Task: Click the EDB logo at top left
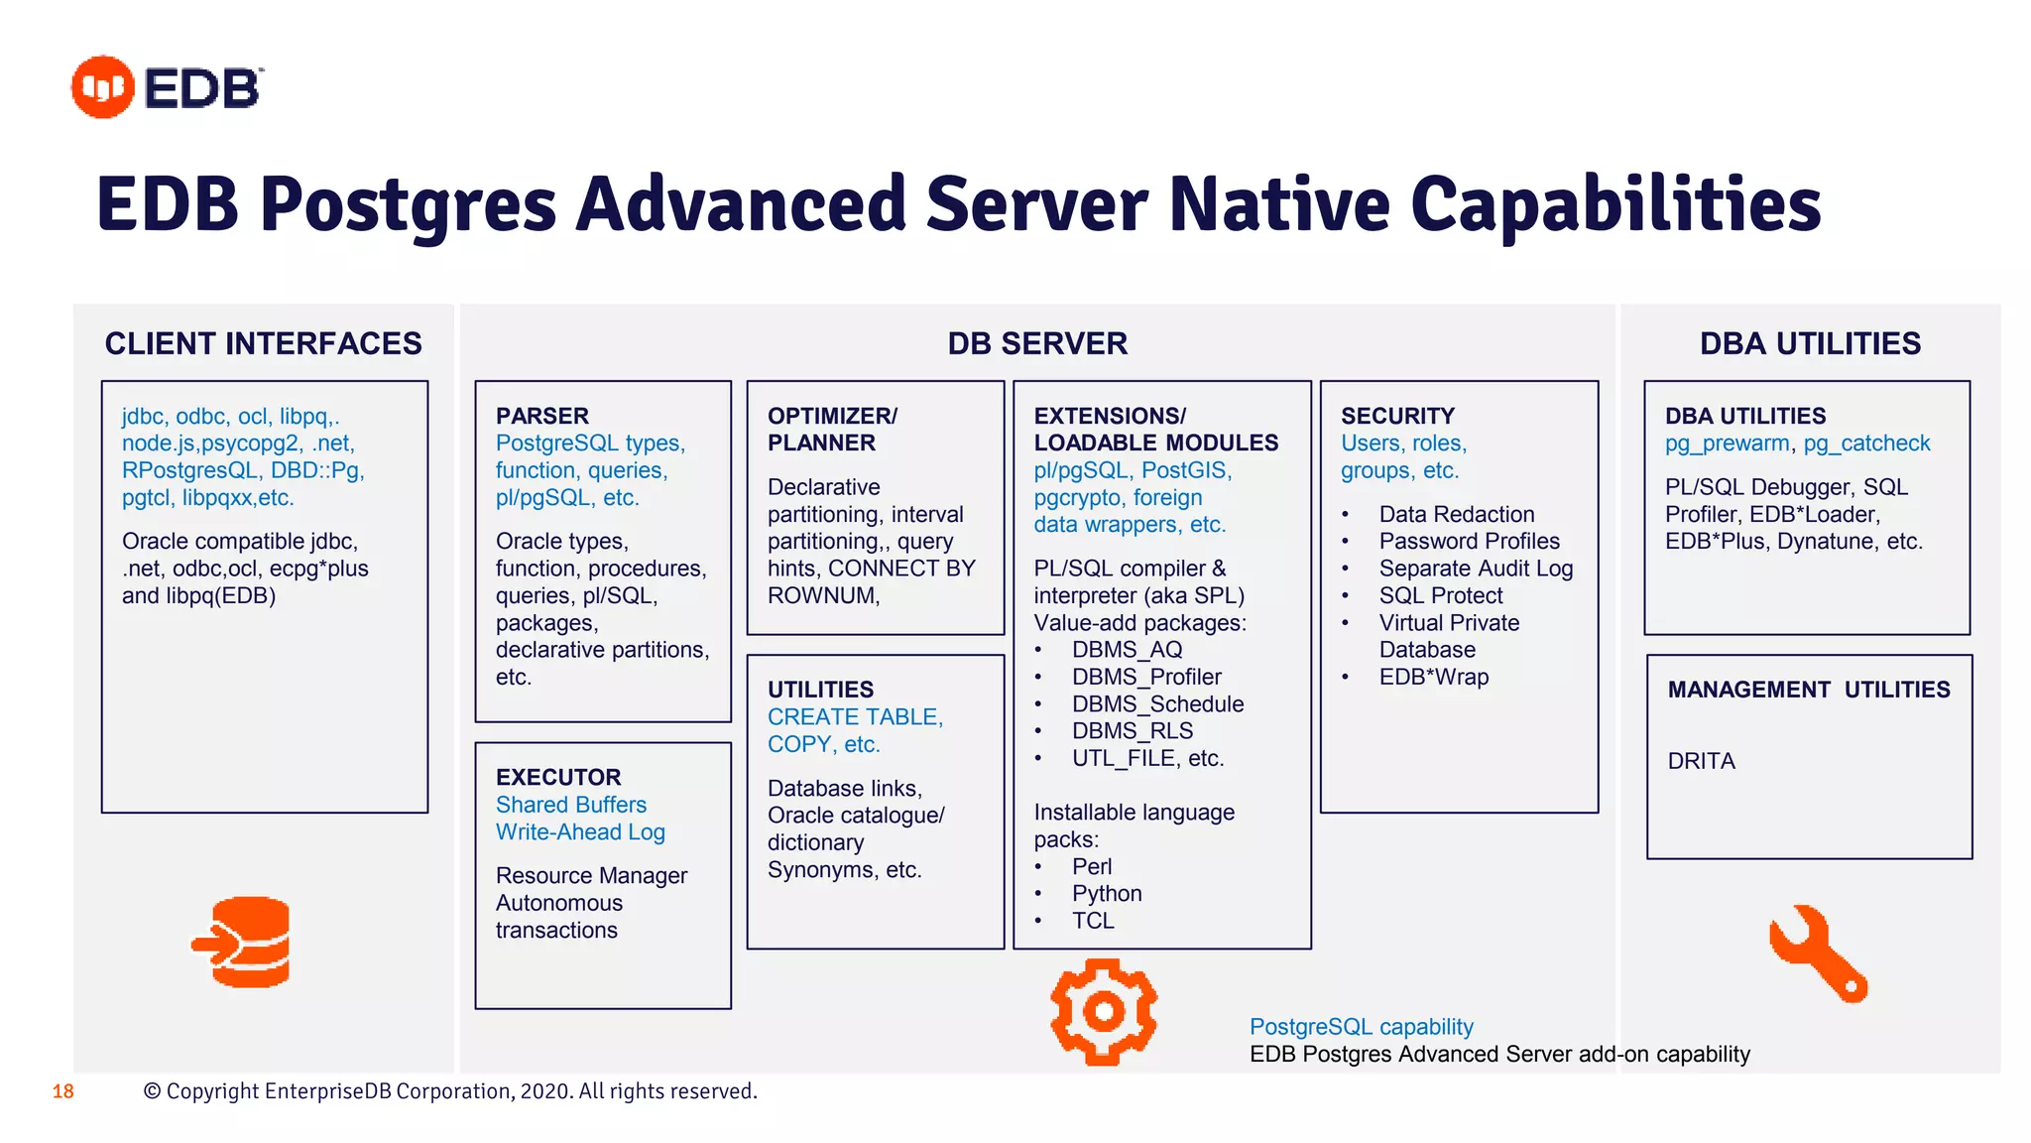(167, 87)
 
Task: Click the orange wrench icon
(1817, 952)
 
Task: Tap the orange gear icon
(1103, 1011)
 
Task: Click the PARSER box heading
(541, 416)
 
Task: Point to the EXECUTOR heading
(558, 777)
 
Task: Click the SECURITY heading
(1397, 416)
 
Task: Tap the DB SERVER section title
(1037, 343)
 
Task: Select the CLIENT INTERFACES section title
(264, 343)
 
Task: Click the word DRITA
(1701, 761)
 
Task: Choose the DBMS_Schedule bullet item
(1157, 703)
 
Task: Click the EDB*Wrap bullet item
(1433, 677)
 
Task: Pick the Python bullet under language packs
(1107, 893)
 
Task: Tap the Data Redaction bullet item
(1456, 514)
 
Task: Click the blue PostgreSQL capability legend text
(1361, 1027)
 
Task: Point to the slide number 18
(63, 1091)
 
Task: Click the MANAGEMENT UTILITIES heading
(1808, 690)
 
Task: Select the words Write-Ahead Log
(580, 831)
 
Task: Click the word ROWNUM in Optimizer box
(822, 595)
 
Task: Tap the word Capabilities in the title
(1615, 204)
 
